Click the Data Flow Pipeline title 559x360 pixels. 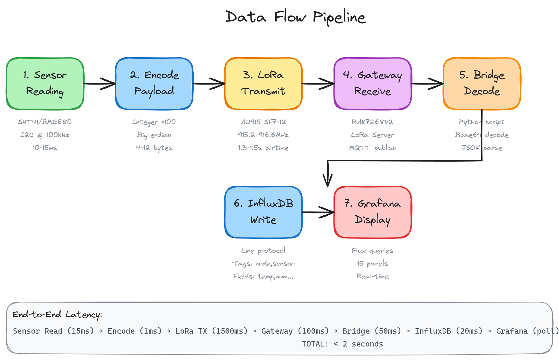coord(296,17)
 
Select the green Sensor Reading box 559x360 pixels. coord(45,84)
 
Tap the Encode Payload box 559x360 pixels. coord(154,84)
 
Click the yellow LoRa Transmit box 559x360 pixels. coord(263,84)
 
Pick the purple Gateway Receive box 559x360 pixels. coord(373,84)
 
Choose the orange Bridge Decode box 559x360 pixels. coord(482,84)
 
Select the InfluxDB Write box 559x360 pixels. coord(263,212)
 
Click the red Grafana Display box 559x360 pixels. coord(373,212)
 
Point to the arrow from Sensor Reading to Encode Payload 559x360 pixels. coord(100,84)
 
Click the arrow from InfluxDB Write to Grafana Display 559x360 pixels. coord(318,212)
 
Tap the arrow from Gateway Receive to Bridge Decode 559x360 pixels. coord(427,84)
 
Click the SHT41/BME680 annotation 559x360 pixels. coord(45,122)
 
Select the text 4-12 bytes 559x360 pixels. coord(154,148)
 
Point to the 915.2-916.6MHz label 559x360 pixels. coord(263,135)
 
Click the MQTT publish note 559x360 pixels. coord(373,148)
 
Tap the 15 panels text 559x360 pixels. coord(373,264)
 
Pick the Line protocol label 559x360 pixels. coord(263,251)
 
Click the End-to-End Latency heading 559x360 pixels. coord(57,314)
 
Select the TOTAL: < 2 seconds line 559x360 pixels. coord(342,344)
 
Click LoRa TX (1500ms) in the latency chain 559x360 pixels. coord(211,331)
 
